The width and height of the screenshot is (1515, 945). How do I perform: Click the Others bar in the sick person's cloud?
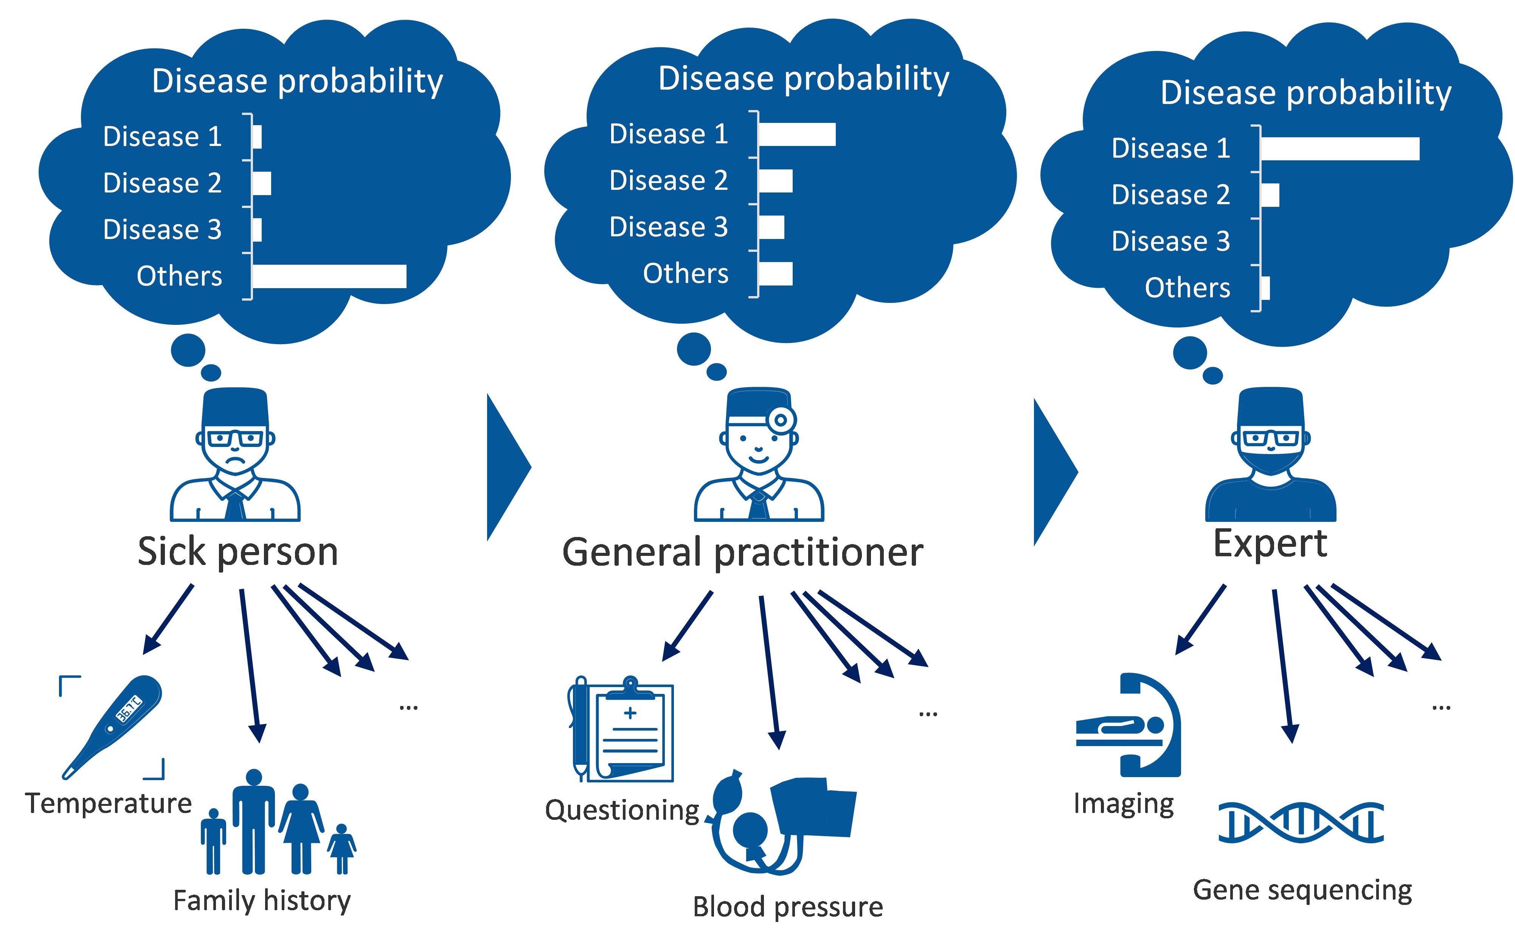point(329,276)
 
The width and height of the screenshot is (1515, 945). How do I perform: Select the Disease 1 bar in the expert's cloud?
point(1340,149)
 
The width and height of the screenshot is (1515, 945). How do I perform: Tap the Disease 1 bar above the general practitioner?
point(797,134)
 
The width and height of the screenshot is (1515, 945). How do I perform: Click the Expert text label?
point(1270,544)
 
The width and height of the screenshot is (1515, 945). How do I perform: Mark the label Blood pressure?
point(787,907)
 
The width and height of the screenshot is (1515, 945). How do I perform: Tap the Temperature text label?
point(108,804)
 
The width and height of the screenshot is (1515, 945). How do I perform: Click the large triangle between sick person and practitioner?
point(506,467)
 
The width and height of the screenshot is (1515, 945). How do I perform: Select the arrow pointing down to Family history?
point(250,666)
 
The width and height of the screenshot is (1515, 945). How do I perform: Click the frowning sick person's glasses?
point(235,438)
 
